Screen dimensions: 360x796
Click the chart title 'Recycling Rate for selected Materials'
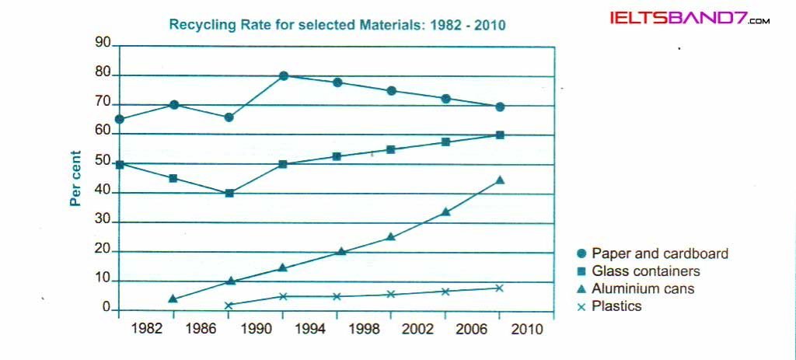(337, 25)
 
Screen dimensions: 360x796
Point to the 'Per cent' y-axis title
(75, 178)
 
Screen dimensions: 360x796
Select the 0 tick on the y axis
(107, 309)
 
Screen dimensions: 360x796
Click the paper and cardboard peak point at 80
(283, 76)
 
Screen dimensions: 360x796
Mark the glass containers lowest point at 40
(229, 193)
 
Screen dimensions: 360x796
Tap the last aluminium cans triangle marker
(500, 180)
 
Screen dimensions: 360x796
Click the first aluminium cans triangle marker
(173, 299)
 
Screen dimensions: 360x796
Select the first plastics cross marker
(229, 306)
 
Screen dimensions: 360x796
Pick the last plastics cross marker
(500, 288)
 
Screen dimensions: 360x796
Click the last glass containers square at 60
(500, 135)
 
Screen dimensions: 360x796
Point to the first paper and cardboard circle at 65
(119, 119)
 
